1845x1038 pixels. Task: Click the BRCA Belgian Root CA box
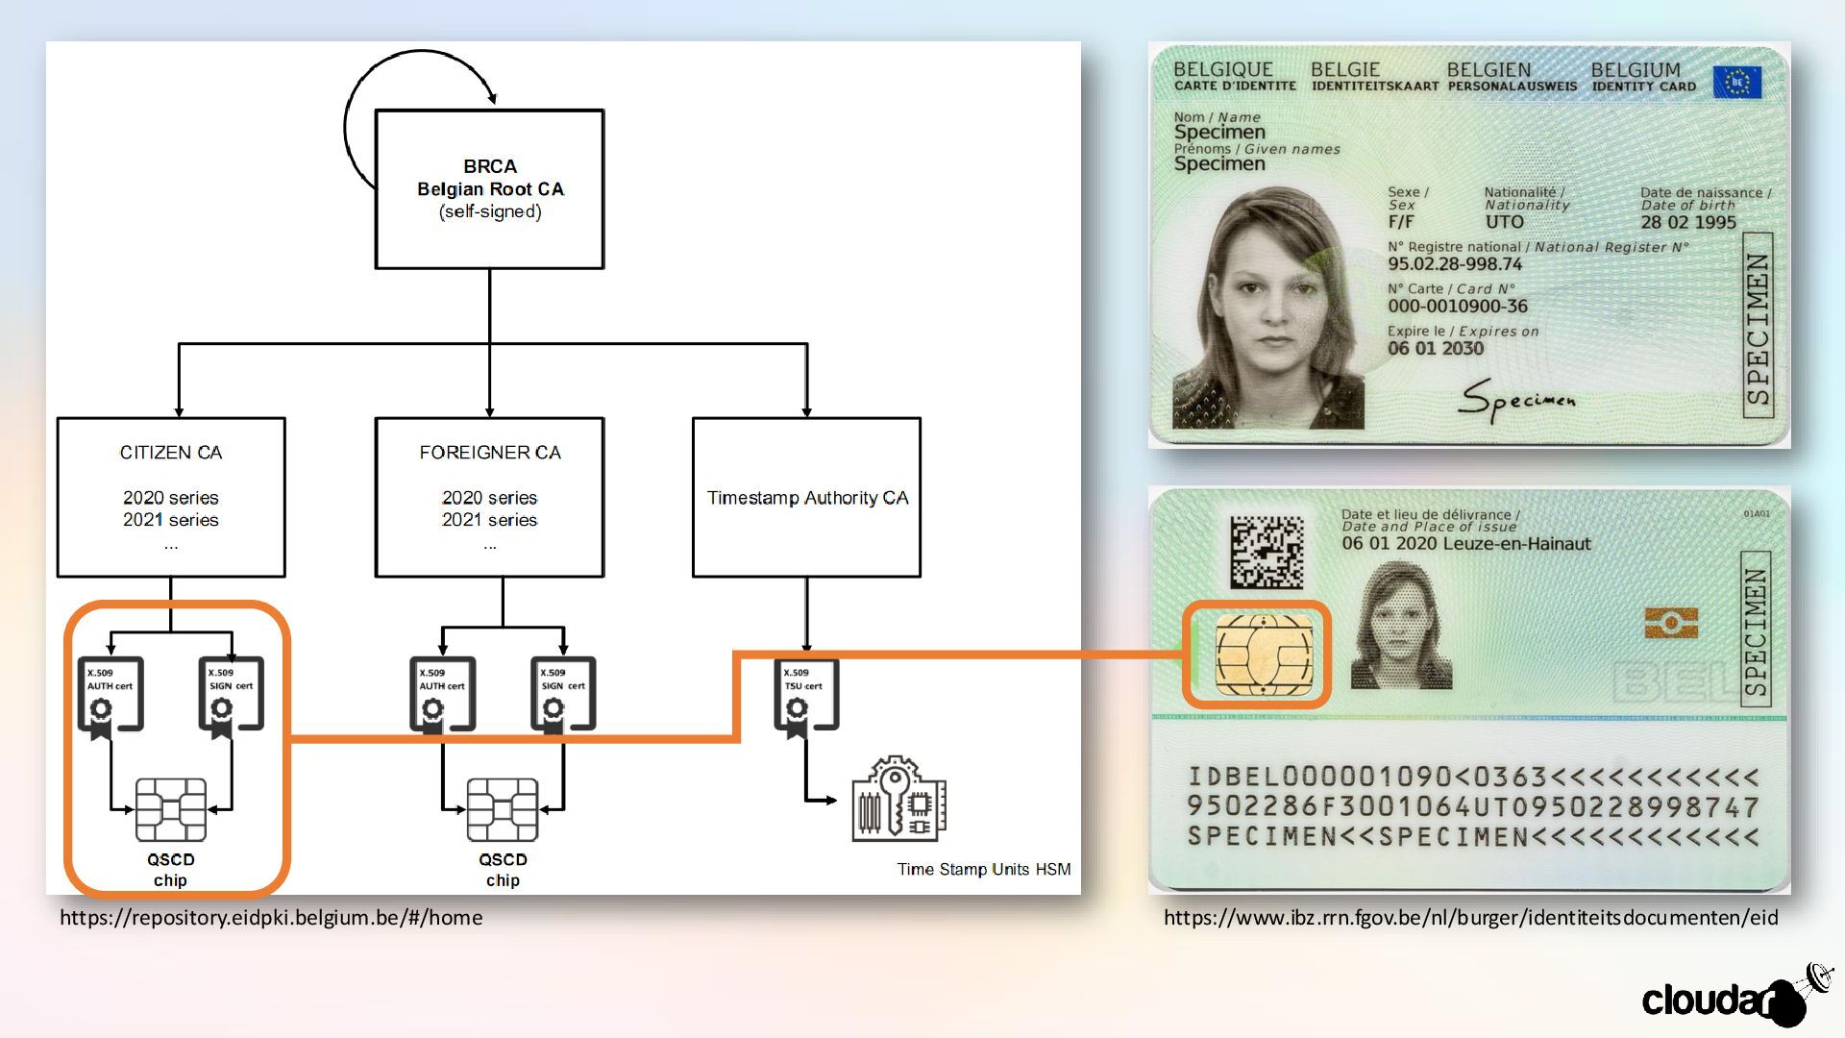(x=489, y=189)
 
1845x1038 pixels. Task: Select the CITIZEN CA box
(x=171, y=497)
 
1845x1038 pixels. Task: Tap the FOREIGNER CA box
(x=489, y=497)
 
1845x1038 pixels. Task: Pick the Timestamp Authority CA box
(x=806, y=497)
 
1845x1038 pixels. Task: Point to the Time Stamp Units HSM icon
(x=898, y=799)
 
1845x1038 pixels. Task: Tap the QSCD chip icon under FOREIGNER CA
(x=502, y=809)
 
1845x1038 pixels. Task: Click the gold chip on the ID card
(x=1263, y=655)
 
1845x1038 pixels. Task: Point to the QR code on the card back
(x=1267, y=552)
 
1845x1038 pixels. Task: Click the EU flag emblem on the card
(x=1736, y=83)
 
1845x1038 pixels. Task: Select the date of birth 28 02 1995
(x=1687, y=222)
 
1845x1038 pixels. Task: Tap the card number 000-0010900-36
(x=1457, y=307)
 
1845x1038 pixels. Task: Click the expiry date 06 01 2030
(x=1435, y=349)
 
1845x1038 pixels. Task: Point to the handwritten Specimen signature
(x=1515, y=400)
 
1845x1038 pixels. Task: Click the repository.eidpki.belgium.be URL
(x=271, y=918)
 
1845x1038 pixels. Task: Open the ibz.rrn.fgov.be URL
(x=1470, y=918)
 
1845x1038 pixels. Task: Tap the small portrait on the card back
(x=1399, y=627)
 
